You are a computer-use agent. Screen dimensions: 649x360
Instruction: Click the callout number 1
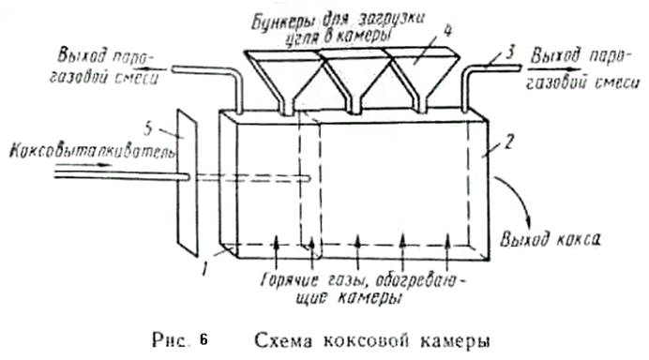[x=204, y=270]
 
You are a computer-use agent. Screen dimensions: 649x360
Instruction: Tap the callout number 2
[x=508, y=142]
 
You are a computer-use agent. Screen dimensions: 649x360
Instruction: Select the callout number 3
[x=511, y=53]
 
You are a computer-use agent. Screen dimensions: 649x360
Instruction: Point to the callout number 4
[x=447, y=32]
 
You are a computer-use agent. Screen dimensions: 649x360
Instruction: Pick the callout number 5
[x=148, y=129]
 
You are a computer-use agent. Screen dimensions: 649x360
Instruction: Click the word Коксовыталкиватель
[x=93, y=152]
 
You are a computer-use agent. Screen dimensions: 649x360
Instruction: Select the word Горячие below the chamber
[x=290, y=280]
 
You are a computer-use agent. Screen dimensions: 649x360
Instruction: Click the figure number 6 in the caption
[x=204, y=340]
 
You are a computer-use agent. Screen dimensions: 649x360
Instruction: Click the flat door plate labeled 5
[x=188, y=183]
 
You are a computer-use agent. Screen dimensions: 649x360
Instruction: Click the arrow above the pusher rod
[x=83, y=165]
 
